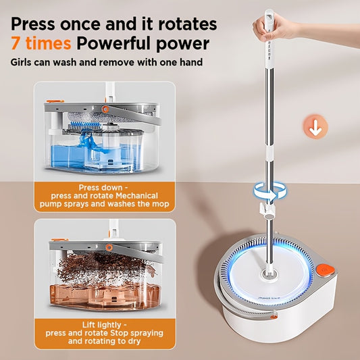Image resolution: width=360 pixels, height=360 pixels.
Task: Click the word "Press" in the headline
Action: (x=33, y=24)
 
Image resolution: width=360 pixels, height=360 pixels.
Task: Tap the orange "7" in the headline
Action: (x=15, y=43)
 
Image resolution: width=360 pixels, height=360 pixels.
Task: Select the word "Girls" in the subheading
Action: (x=21, y=62)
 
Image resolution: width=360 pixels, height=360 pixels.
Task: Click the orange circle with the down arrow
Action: (x=315, y=127)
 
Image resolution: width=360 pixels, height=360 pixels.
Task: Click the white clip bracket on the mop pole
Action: (x=267, y=209)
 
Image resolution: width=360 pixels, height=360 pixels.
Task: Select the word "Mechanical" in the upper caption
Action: (x=137, y=196)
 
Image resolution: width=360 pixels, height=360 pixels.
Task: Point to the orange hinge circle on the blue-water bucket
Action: (x=105, y=109)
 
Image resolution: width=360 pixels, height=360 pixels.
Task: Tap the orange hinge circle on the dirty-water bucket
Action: (x=109, y=248)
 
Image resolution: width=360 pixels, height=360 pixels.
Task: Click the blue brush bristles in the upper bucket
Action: (x=85, y=126)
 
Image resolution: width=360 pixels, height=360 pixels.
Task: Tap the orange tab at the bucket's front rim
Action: (x=274, y=317)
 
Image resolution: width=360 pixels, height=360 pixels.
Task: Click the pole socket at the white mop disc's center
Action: (x=269, y=274)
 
